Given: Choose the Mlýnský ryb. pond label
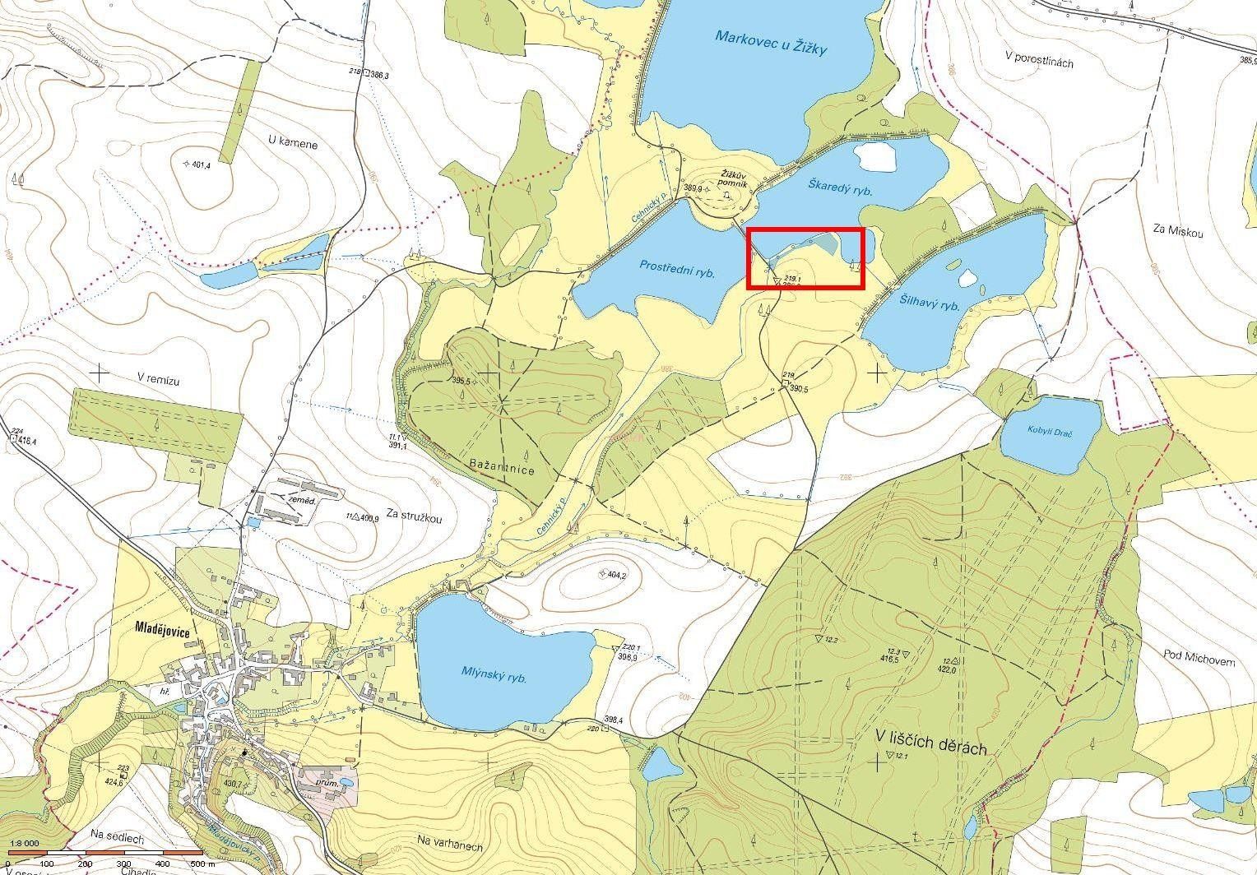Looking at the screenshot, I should coord(494,676).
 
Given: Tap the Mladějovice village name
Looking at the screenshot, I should coord(162,629).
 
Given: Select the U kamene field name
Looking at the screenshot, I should coord(293,143).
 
